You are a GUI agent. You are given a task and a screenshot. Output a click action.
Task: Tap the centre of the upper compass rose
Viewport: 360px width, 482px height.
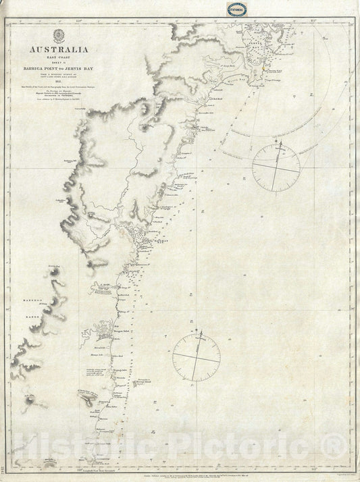276,166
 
